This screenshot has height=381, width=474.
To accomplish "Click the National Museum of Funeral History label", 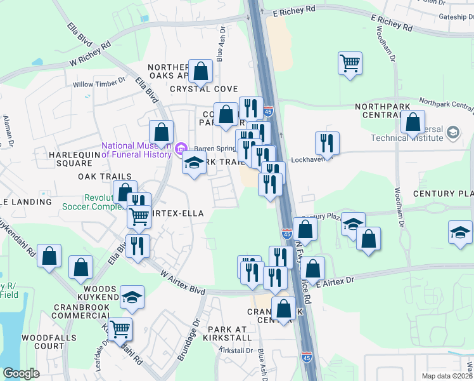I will tap(136, 149).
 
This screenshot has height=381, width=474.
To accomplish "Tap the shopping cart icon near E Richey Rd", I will tap(350, 63).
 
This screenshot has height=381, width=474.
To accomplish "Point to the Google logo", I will tap(21, 373).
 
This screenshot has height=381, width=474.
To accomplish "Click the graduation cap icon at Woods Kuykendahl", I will tap(132, 297).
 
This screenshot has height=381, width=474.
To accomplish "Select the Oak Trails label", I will tap(105, 176).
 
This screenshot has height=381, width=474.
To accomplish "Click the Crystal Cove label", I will tap(203, 89).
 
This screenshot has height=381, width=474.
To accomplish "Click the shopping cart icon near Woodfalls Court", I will tap(120, 329).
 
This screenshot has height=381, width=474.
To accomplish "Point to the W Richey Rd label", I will tap(90, 55).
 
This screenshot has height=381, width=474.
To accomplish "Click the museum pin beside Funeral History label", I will tap(181, 150).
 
